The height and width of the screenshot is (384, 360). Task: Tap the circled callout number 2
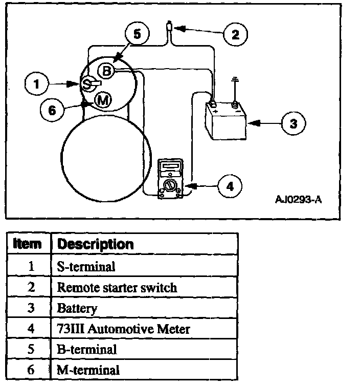(x=235, y=35)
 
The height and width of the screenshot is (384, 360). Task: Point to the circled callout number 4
(x=230, y=186)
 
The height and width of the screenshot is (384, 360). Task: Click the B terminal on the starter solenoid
(x=106, y=71)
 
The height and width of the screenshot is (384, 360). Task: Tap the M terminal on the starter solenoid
(x=103, y=100)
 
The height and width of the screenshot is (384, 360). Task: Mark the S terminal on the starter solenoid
(x=87, y=83)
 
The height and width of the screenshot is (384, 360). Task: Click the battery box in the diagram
(x=225, y=121)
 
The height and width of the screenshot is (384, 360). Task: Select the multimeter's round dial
(x=169, y=184)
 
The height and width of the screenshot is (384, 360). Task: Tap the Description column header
(x=96, y=244)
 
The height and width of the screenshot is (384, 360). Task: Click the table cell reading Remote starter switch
(x=117, y=287)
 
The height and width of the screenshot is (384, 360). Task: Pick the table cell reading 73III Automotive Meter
(x=123, y=328)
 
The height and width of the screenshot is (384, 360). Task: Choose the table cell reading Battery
(x=77, y=308)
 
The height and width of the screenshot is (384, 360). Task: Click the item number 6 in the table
(x=31, y=370)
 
